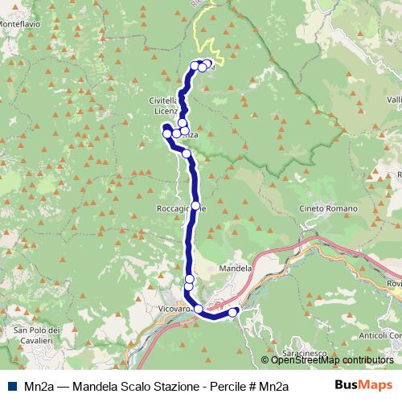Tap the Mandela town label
click(236, 269)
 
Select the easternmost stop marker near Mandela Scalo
click(234, 312)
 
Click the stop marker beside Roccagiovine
click(195, 206)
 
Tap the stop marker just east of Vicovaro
click(198, 308)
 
